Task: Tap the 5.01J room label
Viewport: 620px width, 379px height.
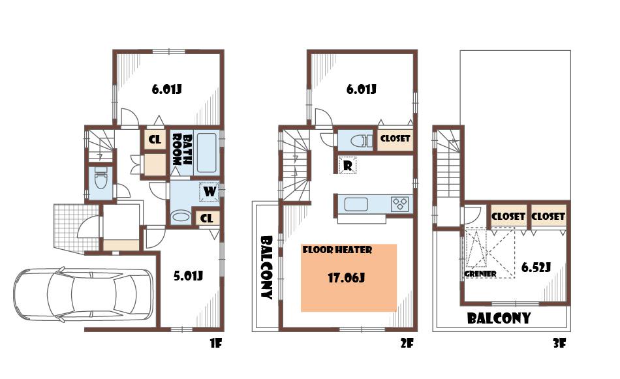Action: (187, 276)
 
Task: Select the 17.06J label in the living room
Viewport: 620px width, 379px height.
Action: (345, 278)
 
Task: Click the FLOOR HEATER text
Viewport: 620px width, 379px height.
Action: (337, 250)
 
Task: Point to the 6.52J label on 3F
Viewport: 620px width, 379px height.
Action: (536, 267)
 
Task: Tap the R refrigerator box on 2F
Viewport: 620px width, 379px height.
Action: (348, 166)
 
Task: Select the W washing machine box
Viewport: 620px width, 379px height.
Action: (209, 191)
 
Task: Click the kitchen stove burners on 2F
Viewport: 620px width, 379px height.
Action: (400, 204)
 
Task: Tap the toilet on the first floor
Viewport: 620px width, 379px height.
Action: (101, 178)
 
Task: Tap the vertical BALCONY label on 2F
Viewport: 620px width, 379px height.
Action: (266, 267)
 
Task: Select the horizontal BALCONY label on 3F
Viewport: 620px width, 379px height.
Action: (498, 319)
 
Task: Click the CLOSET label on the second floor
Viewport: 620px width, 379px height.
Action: (395, 139)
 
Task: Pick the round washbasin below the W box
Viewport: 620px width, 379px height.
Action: (178, 216)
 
